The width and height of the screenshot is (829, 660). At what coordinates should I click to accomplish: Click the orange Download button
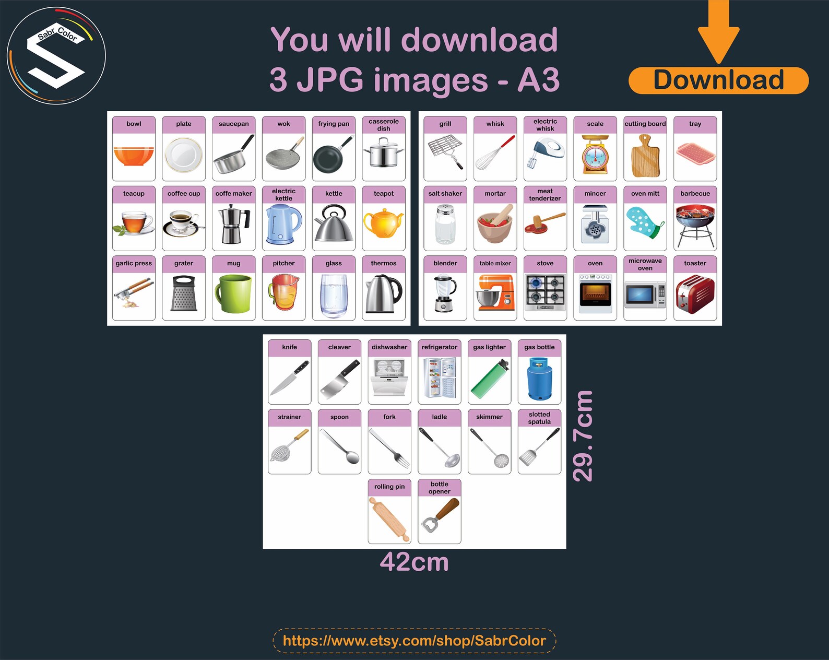tap(718, 80)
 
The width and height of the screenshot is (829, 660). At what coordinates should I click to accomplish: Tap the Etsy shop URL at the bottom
tap(414, 641)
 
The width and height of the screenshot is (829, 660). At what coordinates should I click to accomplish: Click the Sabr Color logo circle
tap(56, 55)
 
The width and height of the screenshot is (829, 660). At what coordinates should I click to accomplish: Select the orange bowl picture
tap(134, 156)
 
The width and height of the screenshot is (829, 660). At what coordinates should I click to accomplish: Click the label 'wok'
tap(283, 124)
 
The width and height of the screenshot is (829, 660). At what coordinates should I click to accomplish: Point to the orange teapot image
tap(383, 222)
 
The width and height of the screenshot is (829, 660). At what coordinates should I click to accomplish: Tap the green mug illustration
tap(233, 293)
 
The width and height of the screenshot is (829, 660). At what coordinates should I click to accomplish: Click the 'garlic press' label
tap(134, 263)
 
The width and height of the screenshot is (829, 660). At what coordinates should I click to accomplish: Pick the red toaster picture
tap(695, 294)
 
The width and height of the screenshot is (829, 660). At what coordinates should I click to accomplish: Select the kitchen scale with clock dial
tap(595, 156)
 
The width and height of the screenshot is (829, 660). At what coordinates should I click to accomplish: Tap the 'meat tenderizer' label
tap(545, 195)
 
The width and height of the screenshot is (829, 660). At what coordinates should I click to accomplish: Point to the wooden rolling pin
tap(389, 520)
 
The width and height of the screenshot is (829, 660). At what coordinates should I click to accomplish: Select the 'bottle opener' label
tap(440, 488)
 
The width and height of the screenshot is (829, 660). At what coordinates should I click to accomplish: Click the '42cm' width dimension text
tap(414, 562)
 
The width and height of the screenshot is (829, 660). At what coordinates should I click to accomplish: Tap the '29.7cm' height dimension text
tap(583, 436)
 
